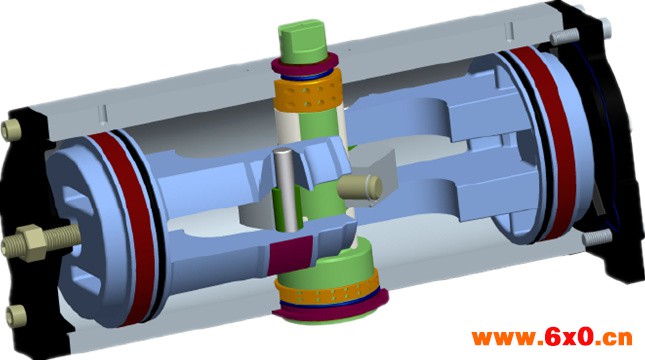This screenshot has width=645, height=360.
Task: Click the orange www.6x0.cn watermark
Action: pos(552,337)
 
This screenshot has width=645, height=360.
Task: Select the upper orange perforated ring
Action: pos(306,94)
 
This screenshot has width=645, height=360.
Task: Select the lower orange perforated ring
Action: pos(328,291)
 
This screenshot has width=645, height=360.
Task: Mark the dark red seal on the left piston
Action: pos(123,222)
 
